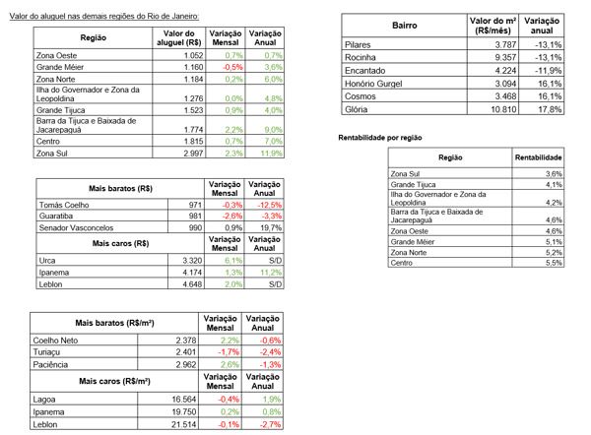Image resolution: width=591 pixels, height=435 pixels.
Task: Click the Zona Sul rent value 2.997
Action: [193, 154]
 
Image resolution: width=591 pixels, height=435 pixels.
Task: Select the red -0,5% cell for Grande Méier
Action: [232, 67]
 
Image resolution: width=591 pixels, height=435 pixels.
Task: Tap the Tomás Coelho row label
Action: [64, 205]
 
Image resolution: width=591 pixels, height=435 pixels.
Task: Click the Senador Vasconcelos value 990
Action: [195, 227]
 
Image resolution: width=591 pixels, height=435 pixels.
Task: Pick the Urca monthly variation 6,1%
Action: [233, 260]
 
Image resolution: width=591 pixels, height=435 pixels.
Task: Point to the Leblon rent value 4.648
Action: [192, 284]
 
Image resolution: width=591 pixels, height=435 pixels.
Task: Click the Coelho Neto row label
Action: [55, 341]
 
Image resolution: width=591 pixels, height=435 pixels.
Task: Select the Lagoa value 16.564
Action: [184, 400]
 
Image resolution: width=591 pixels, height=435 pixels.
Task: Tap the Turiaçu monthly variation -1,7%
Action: [229, 352]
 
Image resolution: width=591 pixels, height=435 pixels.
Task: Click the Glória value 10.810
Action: [503, 109]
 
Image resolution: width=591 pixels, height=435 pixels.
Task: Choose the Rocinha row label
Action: [360, 57]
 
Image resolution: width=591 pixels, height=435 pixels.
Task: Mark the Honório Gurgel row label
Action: [373, 84]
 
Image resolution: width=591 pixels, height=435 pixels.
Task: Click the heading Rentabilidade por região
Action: [380, 138]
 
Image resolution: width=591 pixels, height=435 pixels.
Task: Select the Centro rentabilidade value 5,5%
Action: [554, 263]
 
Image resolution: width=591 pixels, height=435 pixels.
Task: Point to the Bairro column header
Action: [405, 26]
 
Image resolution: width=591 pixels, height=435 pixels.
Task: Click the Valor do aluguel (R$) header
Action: [179, 37]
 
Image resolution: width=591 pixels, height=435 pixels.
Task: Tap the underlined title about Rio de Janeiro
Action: [104, 16]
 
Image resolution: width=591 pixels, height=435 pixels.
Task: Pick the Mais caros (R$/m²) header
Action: [114, 381]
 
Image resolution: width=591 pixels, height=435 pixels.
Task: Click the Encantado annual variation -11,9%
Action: [549, 71]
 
